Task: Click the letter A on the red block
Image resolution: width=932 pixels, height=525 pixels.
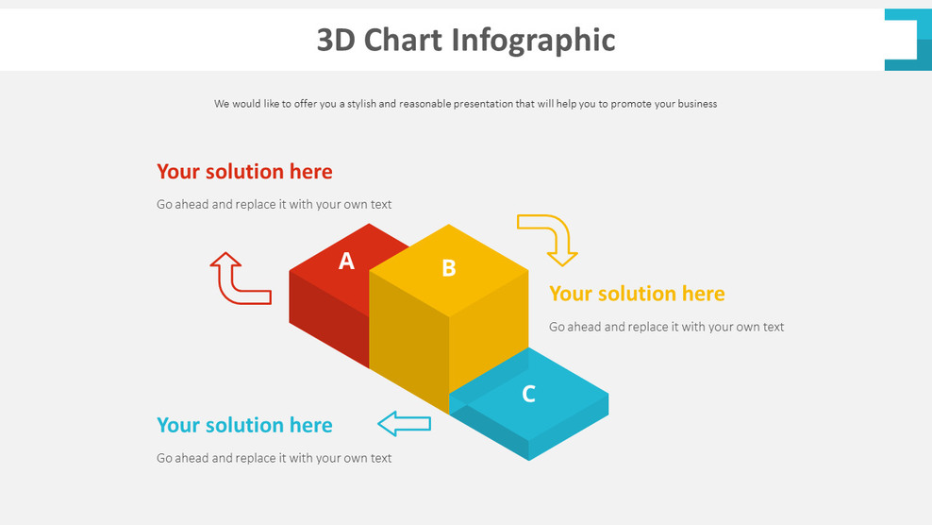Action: (x=346, y=262)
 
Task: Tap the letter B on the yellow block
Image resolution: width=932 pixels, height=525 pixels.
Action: (x=449, y=268)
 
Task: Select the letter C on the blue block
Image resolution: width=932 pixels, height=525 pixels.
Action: (x=528, y=394)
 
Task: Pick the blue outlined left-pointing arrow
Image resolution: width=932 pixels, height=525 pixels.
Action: (x=404, y=424)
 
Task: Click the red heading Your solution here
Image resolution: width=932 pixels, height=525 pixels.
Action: (x=244, y=172)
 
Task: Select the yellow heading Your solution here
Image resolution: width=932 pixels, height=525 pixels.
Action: (x=637, y=294)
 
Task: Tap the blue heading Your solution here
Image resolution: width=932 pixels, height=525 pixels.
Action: (x=244, y=425)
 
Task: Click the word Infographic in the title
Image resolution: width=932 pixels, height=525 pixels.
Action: (x=533, y=40)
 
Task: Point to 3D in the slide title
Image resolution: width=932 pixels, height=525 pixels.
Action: (x=336, y=40)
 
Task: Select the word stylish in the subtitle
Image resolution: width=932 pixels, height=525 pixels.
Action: (x=361, y=104)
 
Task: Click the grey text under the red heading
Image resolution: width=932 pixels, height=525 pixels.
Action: (x=274, y=204)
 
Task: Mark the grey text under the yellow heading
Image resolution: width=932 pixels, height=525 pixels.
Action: (x=666, y=327)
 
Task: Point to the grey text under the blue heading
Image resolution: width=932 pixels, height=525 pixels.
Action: (x=274, y=458)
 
